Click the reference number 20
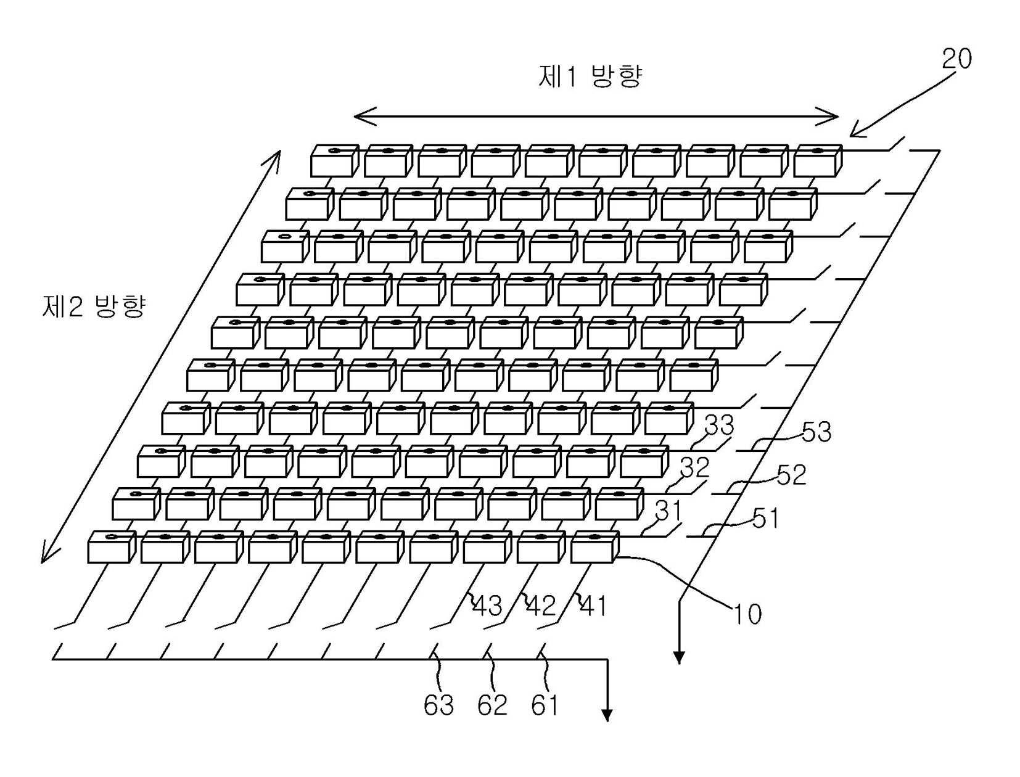click(x=956, y=59)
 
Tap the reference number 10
click(x=747, y=614)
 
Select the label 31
click(x=668, y=511)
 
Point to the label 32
click(x=694, y=467)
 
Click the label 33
click(x=719, y=425)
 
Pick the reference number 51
click(x=765, y=519)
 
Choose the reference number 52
click(x=791, y=475)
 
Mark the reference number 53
click(x=816, y=432)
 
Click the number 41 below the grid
click(x=593, y=607)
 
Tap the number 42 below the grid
click(x=541, y=607)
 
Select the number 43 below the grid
click(x=487, y=607)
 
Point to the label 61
click(x=545, y=705)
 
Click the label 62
click(x=492, y=705)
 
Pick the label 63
click(x=438, y=705)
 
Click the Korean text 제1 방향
click(x=590, y=77)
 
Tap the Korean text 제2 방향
click(x=94, y=306)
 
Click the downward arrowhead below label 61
click(x=607, y=715)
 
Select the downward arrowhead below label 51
click(x=679, y=658)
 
